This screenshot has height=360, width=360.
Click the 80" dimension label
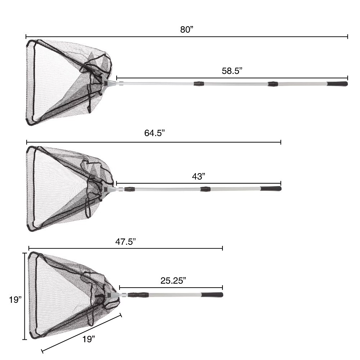(x=187, y=30)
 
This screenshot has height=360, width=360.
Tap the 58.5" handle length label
(x=232, y=71)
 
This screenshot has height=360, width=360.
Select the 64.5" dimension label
(x=154, y=133)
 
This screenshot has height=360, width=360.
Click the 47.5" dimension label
(x=125, y=241)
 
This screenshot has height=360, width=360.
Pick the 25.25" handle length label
(x=173, y=281)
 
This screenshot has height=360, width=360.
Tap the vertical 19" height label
(x=15, y=300)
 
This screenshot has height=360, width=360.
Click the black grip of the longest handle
(x=337, y=84)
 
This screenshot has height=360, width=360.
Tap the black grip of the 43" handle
(x=271, y=188)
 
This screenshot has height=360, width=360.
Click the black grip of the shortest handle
(x=212, y=294)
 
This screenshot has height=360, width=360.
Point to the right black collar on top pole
(x=273, y=84)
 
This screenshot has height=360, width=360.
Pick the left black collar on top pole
(x=199, y=84)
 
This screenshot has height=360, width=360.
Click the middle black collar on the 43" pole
(x=205, y=189)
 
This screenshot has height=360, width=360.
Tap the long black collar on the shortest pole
(x=139, y=294)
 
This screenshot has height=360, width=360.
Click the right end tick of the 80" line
(x=347, y=36)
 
